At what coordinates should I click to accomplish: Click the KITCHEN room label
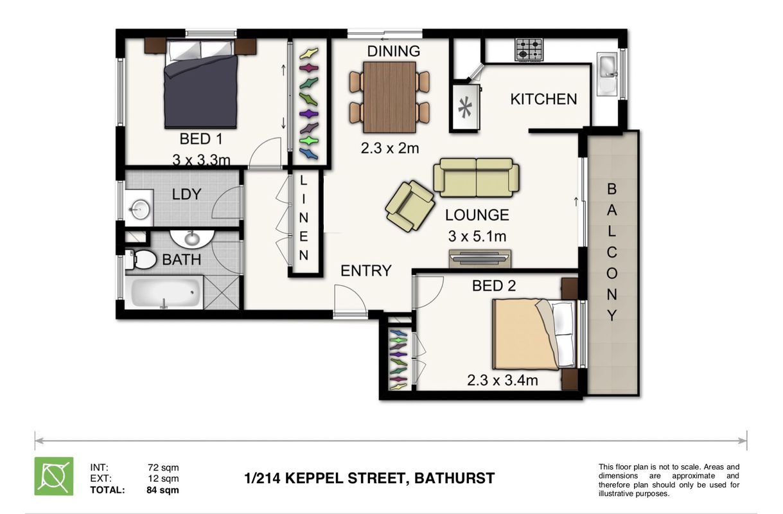tap(543, 100)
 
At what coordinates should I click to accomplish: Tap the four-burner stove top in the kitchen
tap(529, 49)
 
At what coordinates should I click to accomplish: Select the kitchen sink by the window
tap(607, 74)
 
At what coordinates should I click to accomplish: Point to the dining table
tap(389, 97)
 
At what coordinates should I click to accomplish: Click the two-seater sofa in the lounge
tap(476, 177)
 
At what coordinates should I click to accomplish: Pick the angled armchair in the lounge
tap(410, 206)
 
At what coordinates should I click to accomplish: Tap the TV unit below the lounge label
tap(480, 259)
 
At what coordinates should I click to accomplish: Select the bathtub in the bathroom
tap(164, 292)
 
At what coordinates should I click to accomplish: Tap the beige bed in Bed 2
tap(534, 334)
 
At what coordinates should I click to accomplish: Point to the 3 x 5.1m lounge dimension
tap(477, 236)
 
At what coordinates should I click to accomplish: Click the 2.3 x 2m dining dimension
tap(390, 148)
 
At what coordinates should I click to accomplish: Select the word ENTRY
tap(366, 270)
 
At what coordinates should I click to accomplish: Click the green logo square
tap(54, 476)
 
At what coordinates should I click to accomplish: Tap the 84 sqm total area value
tap(163, 490)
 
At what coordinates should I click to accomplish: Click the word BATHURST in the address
tap(454, 478)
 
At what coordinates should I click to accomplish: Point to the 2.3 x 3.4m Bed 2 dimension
tap(502, 380)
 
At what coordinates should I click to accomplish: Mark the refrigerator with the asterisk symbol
tap(466, 106)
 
